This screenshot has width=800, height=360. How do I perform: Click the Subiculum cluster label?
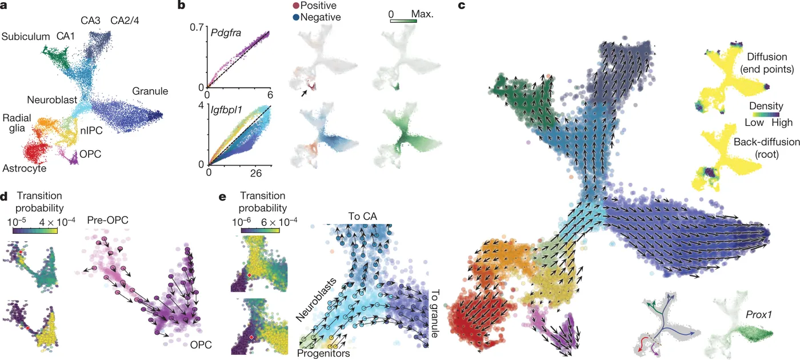click(x=26, y=37)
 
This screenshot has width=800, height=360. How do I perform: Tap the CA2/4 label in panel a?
click(x=128, y=21)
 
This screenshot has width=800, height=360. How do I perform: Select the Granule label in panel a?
click(x=150, y=91)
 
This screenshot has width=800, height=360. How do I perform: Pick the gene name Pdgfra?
click(x=224, y=34)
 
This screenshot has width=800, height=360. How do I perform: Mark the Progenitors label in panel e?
click(x=323, y=354)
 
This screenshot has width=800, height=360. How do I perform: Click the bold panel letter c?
click(x=462, y=6)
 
